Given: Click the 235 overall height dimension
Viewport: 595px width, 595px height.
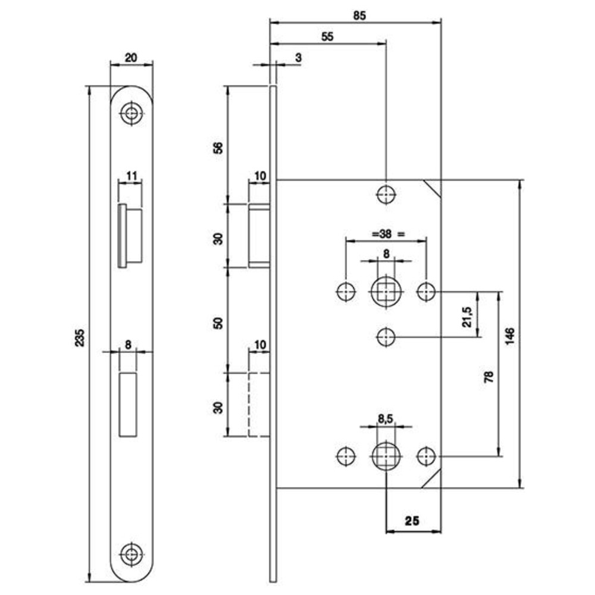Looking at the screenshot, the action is click(80, 337).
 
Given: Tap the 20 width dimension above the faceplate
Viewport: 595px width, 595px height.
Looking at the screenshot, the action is click(131, 58).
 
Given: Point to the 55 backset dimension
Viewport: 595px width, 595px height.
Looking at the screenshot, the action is click(327, 37).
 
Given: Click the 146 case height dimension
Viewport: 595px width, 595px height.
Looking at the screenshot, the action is click(510, 336).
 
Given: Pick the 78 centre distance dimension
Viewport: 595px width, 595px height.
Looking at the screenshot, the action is click(489, 377).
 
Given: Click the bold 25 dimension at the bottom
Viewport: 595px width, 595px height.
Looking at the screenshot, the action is click(412, 521).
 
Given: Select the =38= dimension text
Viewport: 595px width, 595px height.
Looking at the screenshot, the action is click(386, 234).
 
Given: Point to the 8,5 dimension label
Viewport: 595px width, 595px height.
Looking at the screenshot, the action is click(386, 419).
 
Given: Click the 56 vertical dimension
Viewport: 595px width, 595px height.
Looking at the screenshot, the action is click(218, 147).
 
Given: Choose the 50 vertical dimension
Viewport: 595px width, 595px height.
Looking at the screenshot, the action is click(218, 323).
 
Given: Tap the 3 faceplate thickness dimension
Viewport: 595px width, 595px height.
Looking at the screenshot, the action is click(298, 58).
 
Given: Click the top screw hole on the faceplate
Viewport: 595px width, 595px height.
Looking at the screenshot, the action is click(131, 113).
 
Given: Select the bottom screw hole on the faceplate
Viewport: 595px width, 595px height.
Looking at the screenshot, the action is click(131, 555).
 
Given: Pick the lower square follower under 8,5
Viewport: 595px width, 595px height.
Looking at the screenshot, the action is click(386, 456).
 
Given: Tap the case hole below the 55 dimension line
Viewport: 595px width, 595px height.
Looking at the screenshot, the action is click(386, 195).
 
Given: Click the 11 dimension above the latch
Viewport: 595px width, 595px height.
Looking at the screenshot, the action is click(131, 176).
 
